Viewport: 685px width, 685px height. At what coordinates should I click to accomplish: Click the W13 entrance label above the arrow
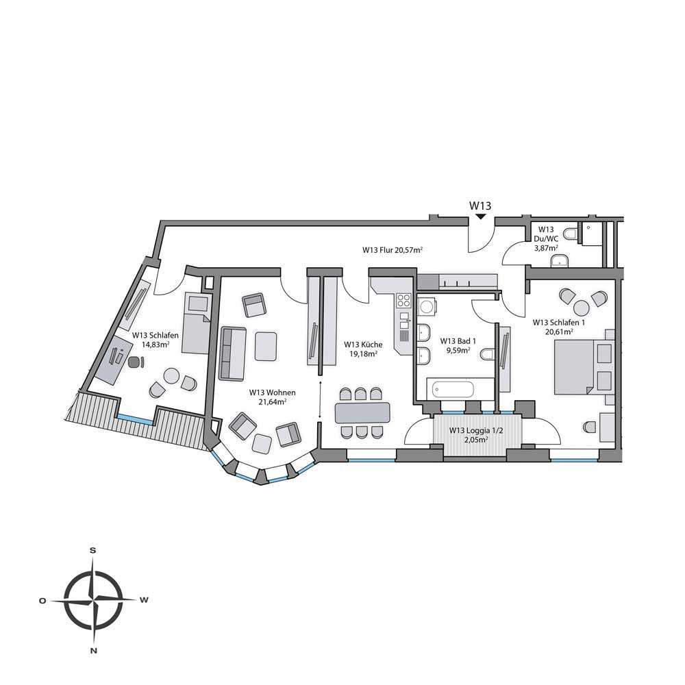(x=480, y=204)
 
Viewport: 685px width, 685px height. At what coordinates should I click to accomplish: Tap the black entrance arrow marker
(x=480, y=216)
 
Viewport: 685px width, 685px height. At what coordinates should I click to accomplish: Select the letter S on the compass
(x=92, y=550)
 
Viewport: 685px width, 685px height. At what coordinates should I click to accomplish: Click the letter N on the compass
(x=93, y=650)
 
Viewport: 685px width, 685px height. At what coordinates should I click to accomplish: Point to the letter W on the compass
(x=144, y=600)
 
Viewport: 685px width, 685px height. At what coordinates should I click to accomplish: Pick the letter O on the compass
(x=42, y=600)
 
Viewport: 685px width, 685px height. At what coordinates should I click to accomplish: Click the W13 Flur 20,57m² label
(x=393, y=250)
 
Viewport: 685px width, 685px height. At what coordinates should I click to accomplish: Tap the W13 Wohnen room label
(x=272, y=393)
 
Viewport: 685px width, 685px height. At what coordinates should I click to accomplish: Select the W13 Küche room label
(x=363, y=345)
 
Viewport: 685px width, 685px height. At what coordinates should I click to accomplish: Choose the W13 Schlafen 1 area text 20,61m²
(x=559, y=331)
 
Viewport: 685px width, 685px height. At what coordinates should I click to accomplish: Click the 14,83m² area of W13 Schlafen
(x=155, y=345)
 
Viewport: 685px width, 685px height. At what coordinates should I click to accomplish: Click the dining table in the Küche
(x=362, y=412)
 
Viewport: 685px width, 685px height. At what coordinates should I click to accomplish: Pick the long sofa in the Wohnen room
(x=232, y=353)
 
